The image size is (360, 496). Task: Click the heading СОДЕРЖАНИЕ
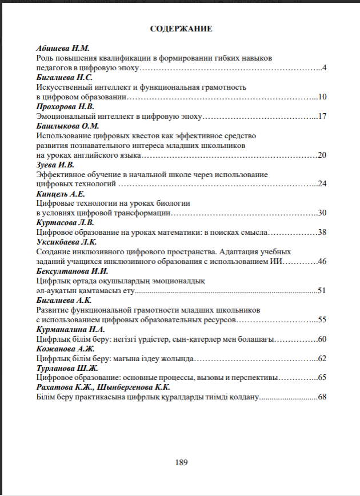tap(181, 28)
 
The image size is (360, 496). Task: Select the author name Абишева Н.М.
tap(63, 49)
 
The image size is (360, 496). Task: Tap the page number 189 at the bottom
tap(181, 462)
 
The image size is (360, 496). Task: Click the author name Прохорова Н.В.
tap(66, 107)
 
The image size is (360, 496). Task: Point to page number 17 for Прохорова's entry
tap(322, 117)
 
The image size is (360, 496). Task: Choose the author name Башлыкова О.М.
tap(68, 126)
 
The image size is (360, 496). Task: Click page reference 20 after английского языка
tap(322, 155)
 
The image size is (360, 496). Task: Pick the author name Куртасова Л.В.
tap(65, 222)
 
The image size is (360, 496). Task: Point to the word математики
tap(172, 232)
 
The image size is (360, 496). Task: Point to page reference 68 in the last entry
tap(322, 397)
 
